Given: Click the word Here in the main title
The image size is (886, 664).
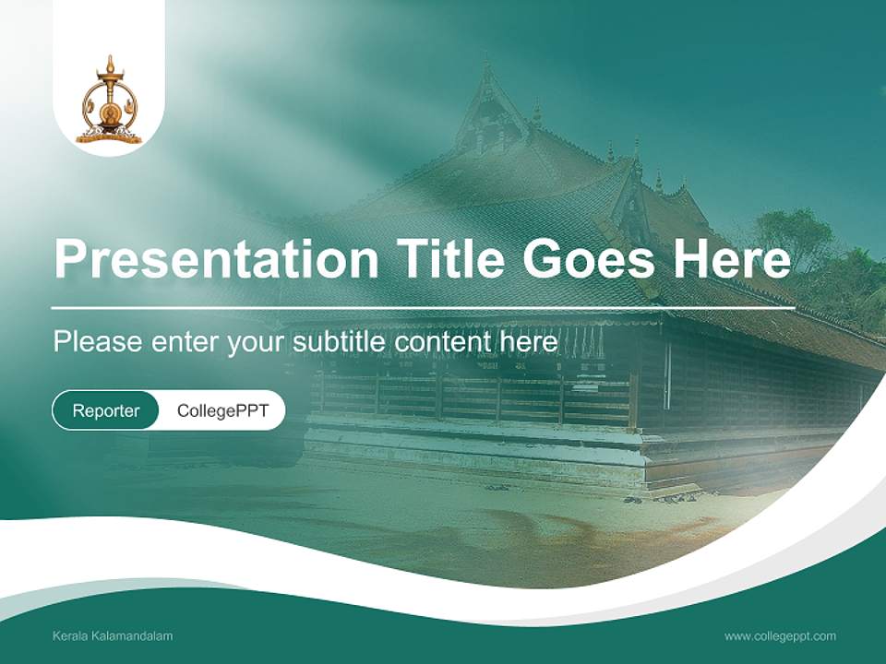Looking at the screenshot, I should [731, 259].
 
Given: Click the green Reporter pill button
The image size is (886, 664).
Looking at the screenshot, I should [106, 410].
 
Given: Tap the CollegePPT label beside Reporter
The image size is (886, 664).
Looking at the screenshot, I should [222, 410].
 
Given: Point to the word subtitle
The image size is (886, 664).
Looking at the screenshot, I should [340, 342].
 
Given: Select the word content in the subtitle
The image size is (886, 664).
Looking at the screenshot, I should [449, 342].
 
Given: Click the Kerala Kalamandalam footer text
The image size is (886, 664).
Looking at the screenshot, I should [113, 636].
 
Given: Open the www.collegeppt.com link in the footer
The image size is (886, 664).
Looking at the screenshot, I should [780, 636].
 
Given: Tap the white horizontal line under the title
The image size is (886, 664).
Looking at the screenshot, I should [423, 308].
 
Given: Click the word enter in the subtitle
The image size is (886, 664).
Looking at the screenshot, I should [185, 342].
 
